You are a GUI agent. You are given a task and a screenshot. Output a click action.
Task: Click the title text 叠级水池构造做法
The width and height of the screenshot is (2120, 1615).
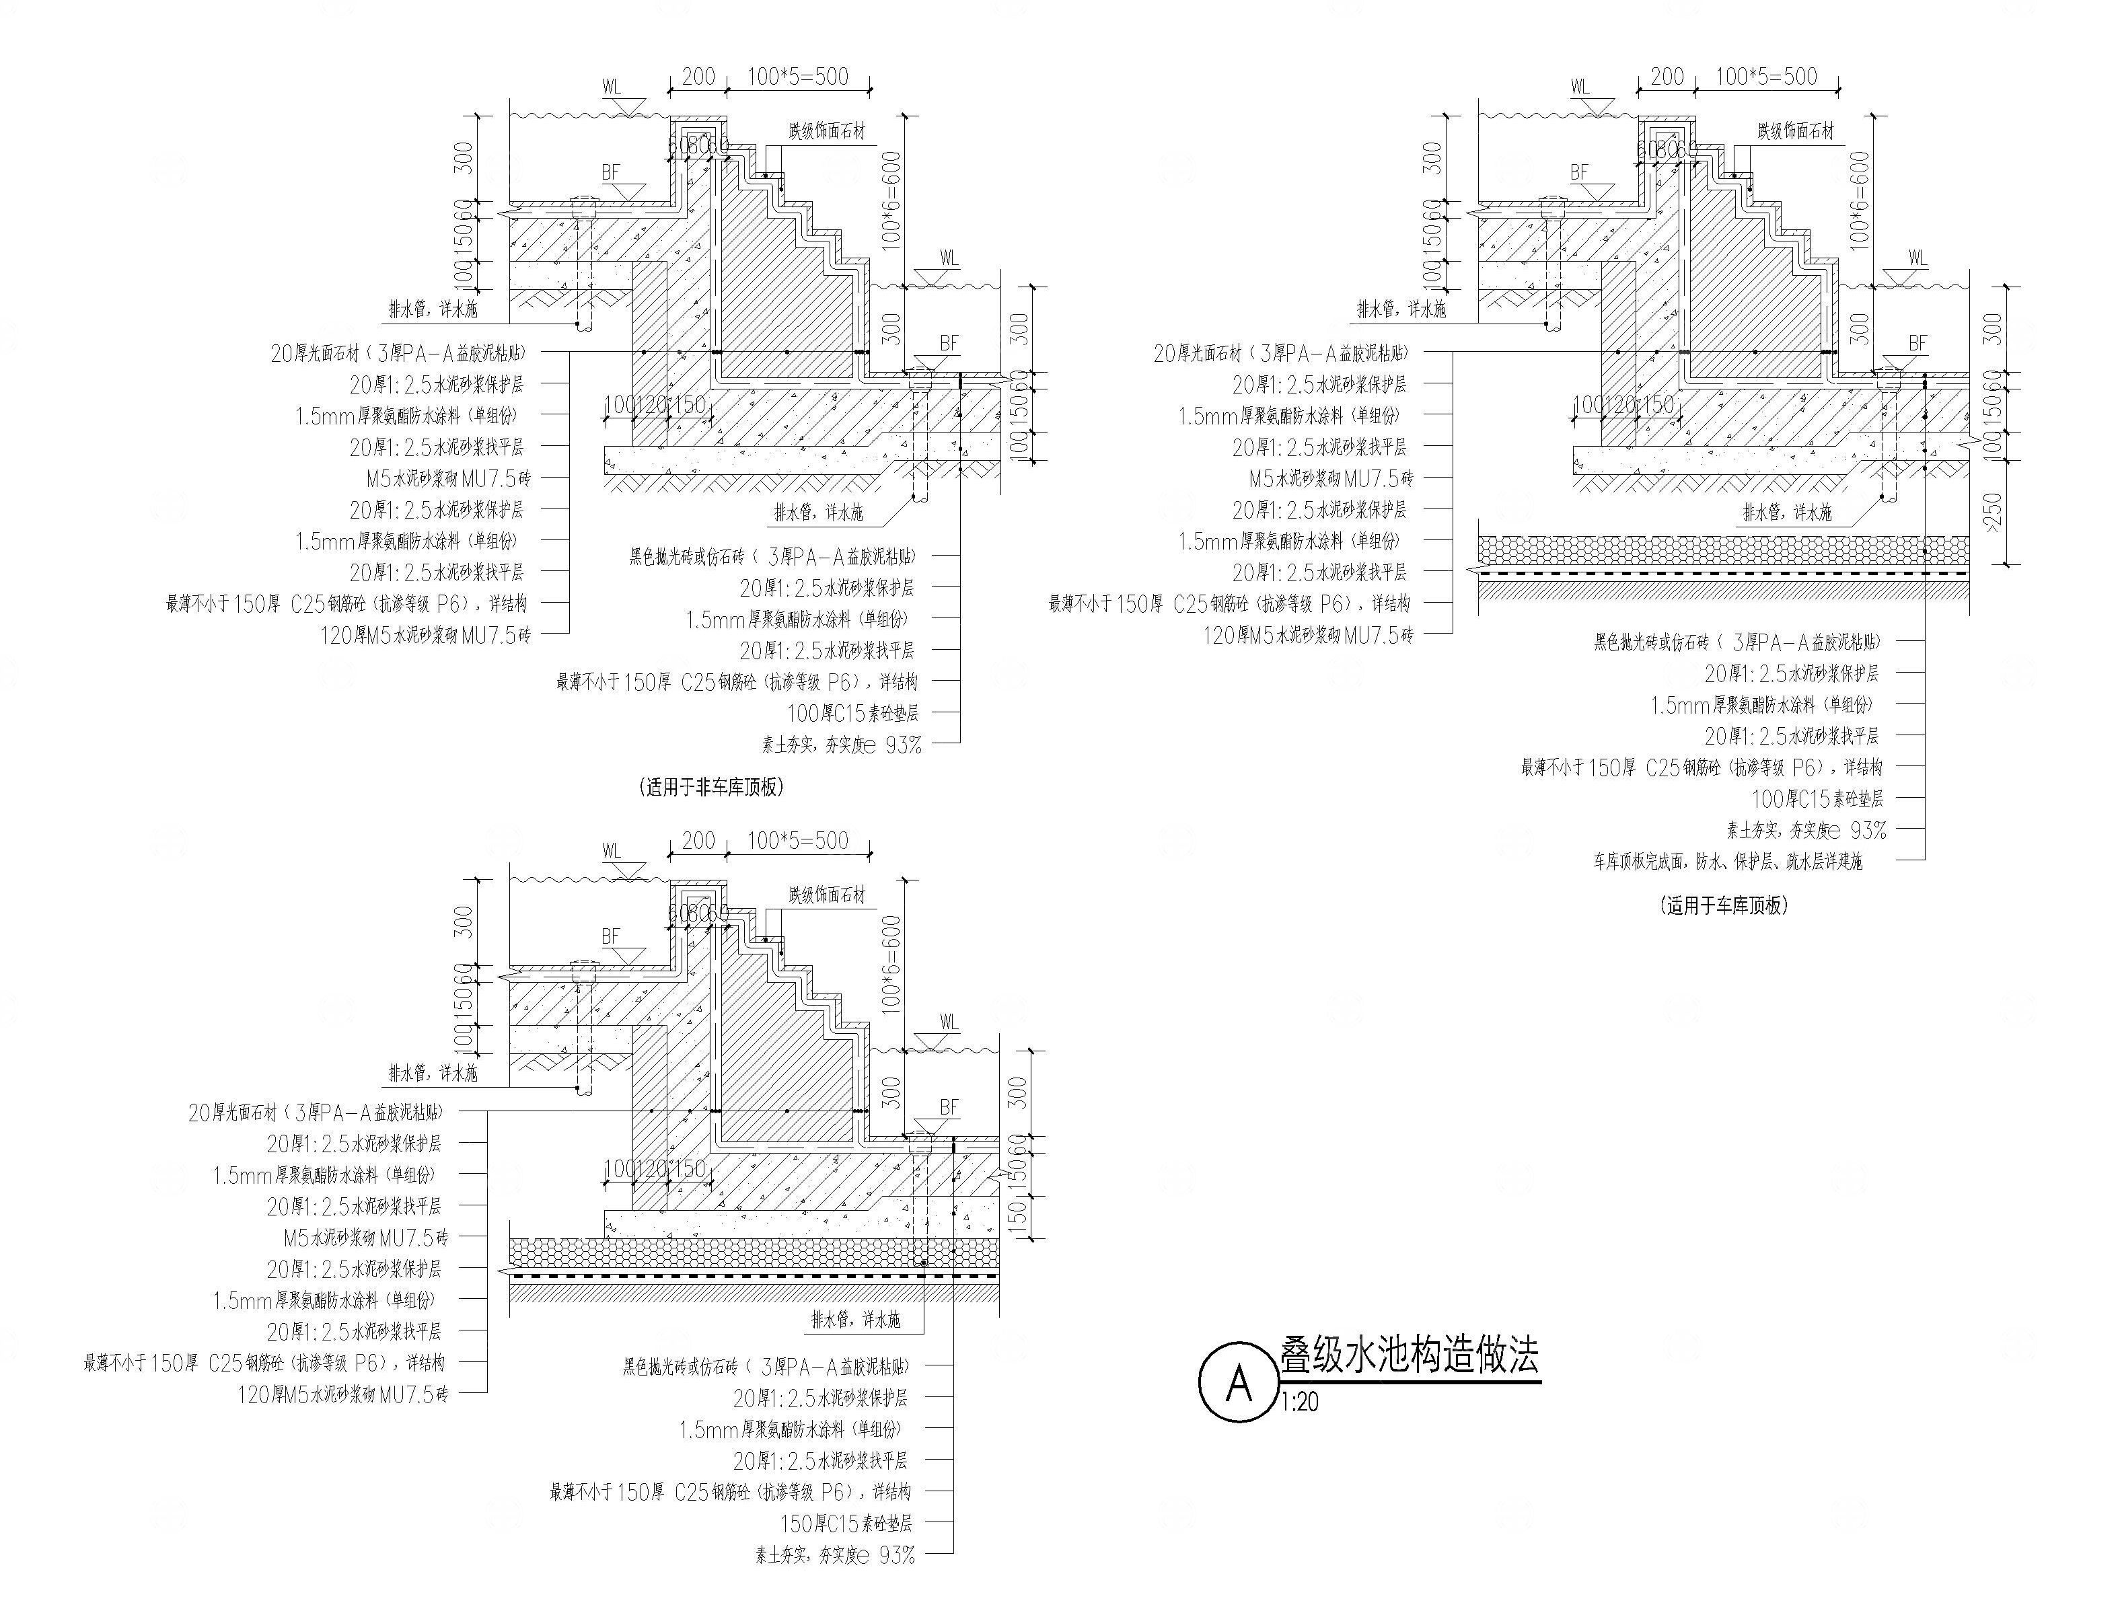pyautogui.click(x=1409, y=1355)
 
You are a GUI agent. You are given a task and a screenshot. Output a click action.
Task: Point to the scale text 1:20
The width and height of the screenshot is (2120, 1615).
pyautogui.click(x=1300, y=1402)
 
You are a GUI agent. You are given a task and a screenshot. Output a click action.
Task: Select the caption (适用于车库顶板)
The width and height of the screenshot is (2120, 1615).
pyautogui.click(x=1724, y=905)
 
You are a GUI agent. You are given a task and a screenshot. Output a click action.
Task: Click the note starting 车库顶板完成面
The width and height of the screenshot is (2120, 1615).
pyautogui.click(x=1727, y=862)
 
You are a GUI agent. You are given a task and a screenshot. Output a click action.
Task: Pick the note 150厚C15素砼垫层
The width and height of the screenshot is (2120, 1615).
pyautogui.click(x=846, y=1523)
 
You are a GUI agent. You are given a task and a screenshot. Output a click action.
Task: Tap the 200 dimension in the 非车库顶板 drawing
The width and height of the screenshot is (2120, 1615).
pyautogui.click(x=698, y=76)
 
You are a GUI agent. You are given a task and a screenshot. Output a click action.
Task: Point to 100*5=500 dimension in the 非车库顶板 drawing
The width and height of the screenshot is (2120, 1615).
pyautogui.click(x=798, y=76)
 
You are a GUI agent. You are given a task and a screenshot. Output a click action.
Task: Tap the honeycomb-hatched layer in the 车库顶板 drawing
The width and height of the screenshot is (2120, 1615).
pyautogui.click(x=1721, y=550)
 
